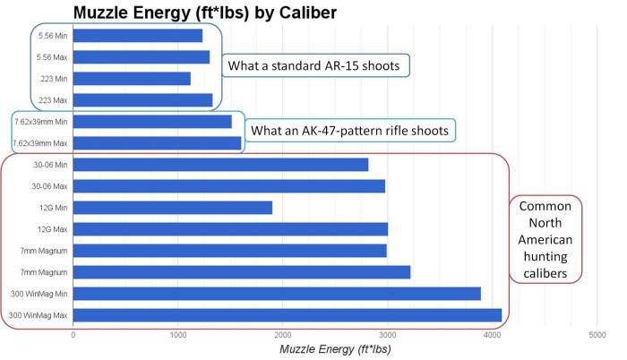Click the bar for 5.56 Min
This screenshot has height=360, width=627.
138,36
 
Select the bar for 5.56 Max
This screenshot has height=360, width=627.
142,57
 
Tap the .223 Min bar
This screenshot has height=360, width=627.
132,79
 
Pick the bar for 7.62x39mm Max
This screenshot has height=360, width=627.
158,142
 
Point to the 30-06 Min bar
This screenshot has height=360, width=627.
220,164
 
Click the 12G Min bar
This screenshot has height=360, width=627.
172,207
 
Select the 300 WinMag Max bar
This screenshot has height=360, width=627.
287,314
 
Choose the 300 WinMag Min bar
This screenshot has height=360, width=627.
277,293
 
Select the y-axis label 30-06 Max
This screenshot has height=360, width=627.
50,186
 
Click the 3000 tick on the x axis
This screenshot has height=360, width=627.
387,335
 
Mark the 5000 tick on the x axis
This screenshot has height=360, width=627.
597,335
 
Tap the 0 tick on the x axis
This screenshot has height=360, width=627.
73,335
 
